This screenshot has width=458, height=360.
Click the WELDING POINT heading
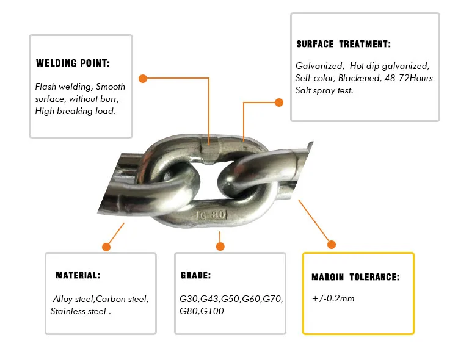(x=73, y=63)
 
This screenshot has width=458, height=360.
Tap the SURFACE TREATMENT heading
(x=343, y=45)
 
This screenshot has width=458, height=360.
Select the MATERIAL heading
(x=78, y=276)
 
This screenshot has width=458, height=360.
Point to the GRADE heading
(x=195, y=276)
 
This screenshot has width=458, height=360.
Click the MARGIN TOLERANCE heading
(x=355, y=277)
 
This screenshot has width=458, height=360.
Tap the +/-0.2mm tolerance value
(x=333, y=298)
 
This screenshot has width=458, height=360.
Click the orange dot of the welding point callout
(x=143, y=79)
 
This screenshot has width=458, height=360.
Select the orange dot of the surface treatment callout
(x=278, y=102)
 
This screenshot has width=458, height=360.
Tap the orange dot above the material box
(x=106, y=247)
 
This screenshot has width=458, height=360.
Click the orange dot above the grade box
(x=220, y=247)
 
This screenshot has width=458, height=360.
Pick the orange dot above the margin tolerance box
(x=332, y=245)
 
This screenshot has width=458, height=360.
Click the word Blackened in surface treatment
(x=358, y=78)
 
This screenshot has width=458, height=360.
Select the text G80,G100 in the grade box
(x=202, y=311)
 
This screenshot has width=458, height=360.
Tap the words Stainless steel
(x=78, y=311)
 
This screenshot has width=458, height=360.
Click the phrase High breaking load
(x=75, y=111)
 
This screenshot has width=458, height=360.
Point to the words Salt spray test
(x=324, y=90)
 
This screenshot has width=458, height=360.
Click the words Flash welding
(x=63, y=87)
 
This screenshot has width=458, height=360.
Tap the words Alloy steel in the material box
(x=73, y=300)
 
